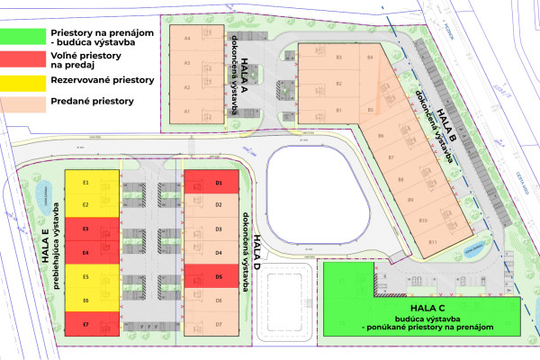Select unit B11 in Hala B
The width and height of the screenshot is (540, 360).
(433, 241)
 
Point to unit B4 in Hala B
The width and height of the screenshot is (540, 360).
(370, 58)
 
